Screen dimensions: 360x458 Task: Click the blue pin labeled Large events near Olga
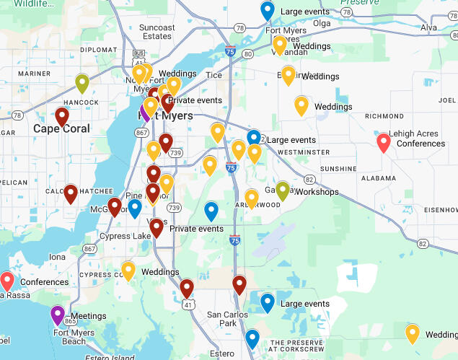[x=268, y=11]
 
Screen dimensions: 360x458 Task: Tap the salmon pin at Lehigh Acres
[x=384, y=142]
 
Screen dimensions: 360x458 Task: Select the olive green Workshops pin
[x=283, y=190]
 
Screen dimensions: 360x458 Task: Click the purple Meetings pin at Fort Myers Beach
[x=58, y=315]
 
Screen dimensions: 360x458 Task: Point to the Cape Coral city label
[x=61, y=129]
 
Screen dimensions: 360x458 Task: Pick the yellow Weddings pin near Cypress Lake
[x=128, y=271]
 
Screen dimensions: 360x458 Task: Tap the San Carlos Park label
[x=227, y=319]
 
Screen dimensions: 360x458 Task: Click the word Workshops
[x=317, y=193]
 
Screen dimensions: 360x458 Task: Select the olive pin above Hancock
[x=82, y=84]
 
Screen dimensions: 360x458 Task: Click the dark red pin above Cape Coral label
[x=62, y=115]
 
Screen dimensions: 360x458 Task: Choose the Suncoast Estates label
[x=157, y=32]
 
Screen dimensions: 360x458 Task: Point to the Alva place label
[x=428, y=27]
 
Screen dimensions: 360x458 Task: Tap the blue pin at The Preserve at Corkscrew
[x=252, y=338]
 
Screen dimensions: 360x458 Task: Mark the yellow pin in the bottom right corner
[x=413, y=333]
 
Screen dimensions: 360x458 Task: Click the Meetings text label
[x=88, y=316]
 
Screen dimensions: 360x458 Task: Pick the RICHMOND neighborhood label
[x=384, y=115]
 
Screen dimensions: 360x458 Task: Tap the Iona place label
[x=57, y=257]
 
